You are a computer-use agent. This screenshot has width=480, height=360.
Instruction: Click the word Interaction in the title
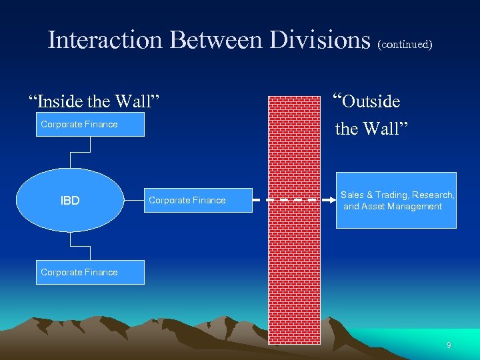tap(105, 40)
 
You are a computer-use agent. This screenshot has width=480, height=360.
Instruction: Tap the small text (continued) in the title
tap(405, 45)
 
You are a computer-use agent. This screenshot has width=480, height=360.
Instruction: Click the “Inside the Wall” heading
tap(94, 102)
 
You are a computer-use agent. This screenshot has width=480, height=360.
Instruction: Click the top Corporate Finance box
tap(90, 125)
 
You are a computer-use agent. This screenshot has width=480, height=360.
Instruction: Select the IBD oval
tap(70, 200)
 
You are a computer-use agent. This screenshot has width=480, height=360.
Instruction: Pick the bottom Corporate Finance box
tap(90, 272)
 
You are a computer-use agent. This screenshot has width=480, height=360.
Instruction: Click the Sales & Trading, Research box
tap(396, 200)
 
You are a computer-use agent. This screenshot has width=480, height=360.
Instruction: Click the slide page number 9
tap(449, 345)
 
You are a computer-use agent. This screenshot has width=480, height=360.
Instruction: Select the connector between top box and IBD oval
tap(71, 153)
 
